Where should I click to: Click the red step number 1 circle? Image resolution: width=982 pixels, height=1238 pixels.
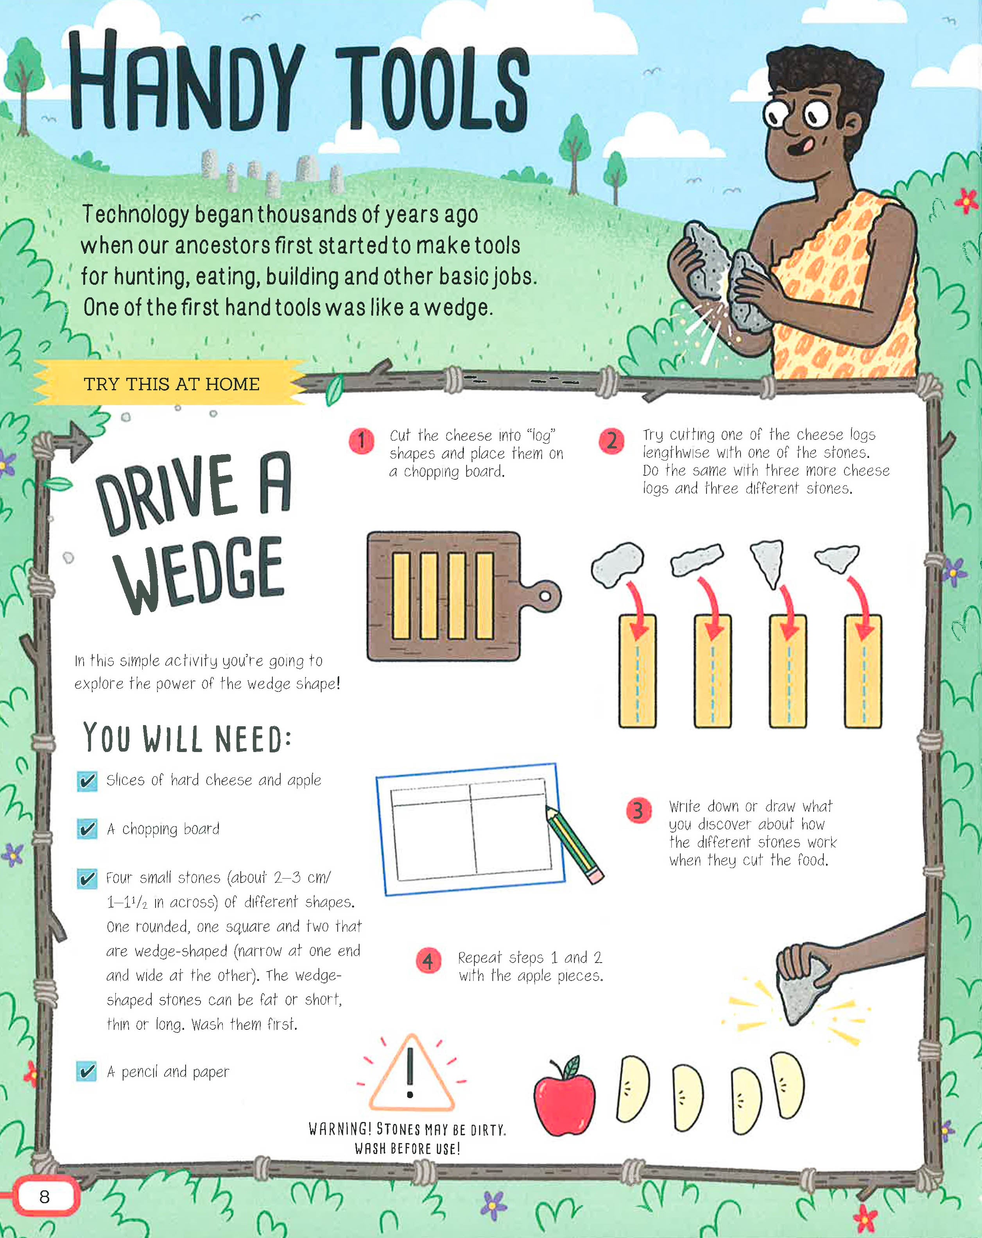[x=362, y=441]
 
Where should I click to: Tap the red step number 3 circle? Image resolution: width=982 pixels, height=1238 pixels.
[x=638, y=810]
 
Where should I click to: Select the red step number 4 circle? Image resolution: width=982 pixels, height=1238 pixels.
[x=428, y=961]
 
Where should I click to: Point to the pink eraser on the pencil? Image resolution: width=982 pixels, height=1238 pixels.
[x=595, y=876]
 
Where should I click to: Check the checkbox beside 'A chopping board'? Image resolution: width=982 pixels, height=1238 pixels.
[x=87, y=829]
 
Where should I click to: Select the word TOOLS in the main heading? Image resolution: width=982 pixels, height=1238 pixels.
[x=432, y=87]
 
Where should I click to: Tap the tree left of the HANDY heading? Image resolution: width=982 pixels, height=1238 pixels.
[x=23, y=86]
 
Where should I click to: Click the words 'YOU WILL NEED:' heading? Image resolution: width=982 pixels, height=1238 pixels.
[x=187, y=737]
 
